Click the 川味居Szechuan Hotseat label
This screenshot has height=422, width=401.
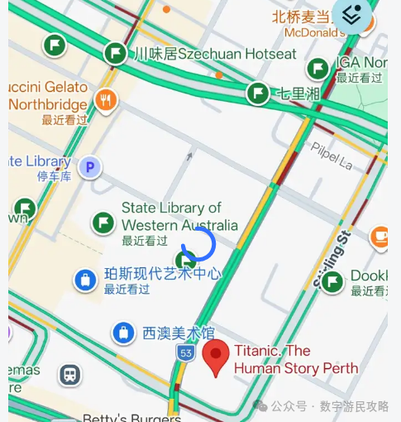click(215, 55)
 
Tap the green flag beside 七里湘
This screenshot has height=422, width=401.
click(258, 93)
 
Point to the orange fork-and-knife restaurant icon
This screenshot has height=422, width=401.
click(105, 101)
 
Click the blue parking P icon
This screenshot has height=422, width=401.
click(89, 168)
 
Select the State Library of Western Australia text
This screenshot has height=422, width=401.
click(179, 217)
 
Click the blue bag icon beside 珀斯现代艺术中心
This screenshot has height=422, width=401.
click(84, 281)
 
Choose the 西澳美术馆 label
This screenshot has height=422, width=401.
click(178, 333)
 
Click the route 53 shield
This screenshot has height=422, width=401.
click(186, 352)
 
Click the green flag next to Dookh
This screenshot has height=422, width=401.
click(332, 282)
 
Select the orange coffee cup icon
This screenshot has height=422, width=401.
click(380, 236)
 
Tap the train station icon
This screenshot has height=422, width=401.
click(70, 374)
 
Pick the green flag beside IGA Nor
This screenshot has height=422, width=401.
click(317, 69)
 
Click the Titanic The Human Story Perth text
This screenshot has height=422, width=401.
click(295, 359)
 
